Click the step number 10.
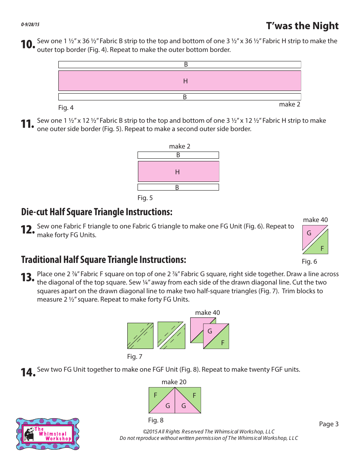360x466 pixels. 28,45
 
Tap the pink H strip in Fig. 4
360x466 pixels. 180,81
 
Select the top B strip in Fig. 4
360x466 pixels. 180,64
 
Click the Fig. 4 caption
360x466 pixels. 66,108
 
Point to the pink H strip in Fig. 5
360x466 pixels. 178,172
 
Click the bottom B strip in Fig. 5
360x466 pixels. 178,187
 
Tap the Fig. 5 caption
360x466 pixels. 145,198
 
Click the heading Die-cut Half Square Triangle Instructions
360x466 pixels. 97,212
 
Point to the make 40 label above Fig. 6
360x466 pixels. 315,220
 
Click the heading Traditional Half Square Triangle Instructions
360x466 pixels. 104,260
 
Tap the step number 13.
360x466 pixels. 28,278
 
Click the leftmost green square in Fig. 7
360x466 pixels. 140,336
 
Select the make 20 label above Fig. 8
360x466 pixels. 174,382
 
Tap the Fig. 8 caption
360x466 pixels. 156,420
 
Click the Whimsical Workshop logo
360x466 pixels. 48,434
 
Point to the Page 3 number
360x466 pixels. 329,424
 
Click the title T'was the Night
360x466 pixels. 302,26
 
